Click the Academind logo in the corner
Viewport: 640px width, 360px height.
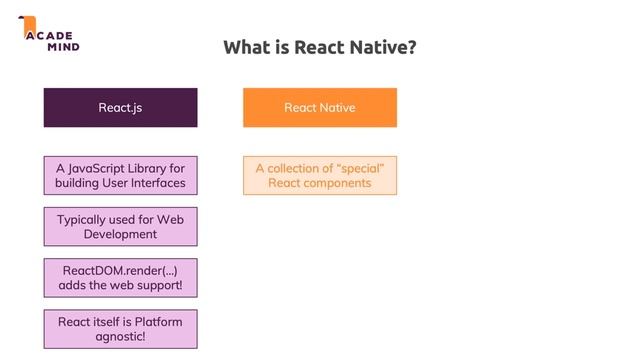pyautogui.click(x=48, y=34)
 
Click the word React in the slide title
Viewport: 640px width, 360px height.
pyautogui.click(x=319, y=47)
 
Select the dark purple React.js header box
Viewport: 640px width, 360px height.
pyautogui.click(x=120, y=107)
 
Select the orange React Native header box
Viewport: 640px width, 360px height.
pyautogui.click(x=319, y=107)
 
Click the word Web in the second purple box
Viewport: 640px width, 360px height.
pyautogui.click(x=169, y=219)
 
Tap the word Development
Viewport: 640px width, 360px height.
pyautogui.click(x=120, y=234)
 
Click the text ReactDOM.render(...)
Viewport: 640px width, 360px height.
pyautogui.click(x=120, y=270)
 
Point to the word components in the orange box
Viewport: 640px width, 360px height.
pyautogui.click(x=338, y=183)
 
